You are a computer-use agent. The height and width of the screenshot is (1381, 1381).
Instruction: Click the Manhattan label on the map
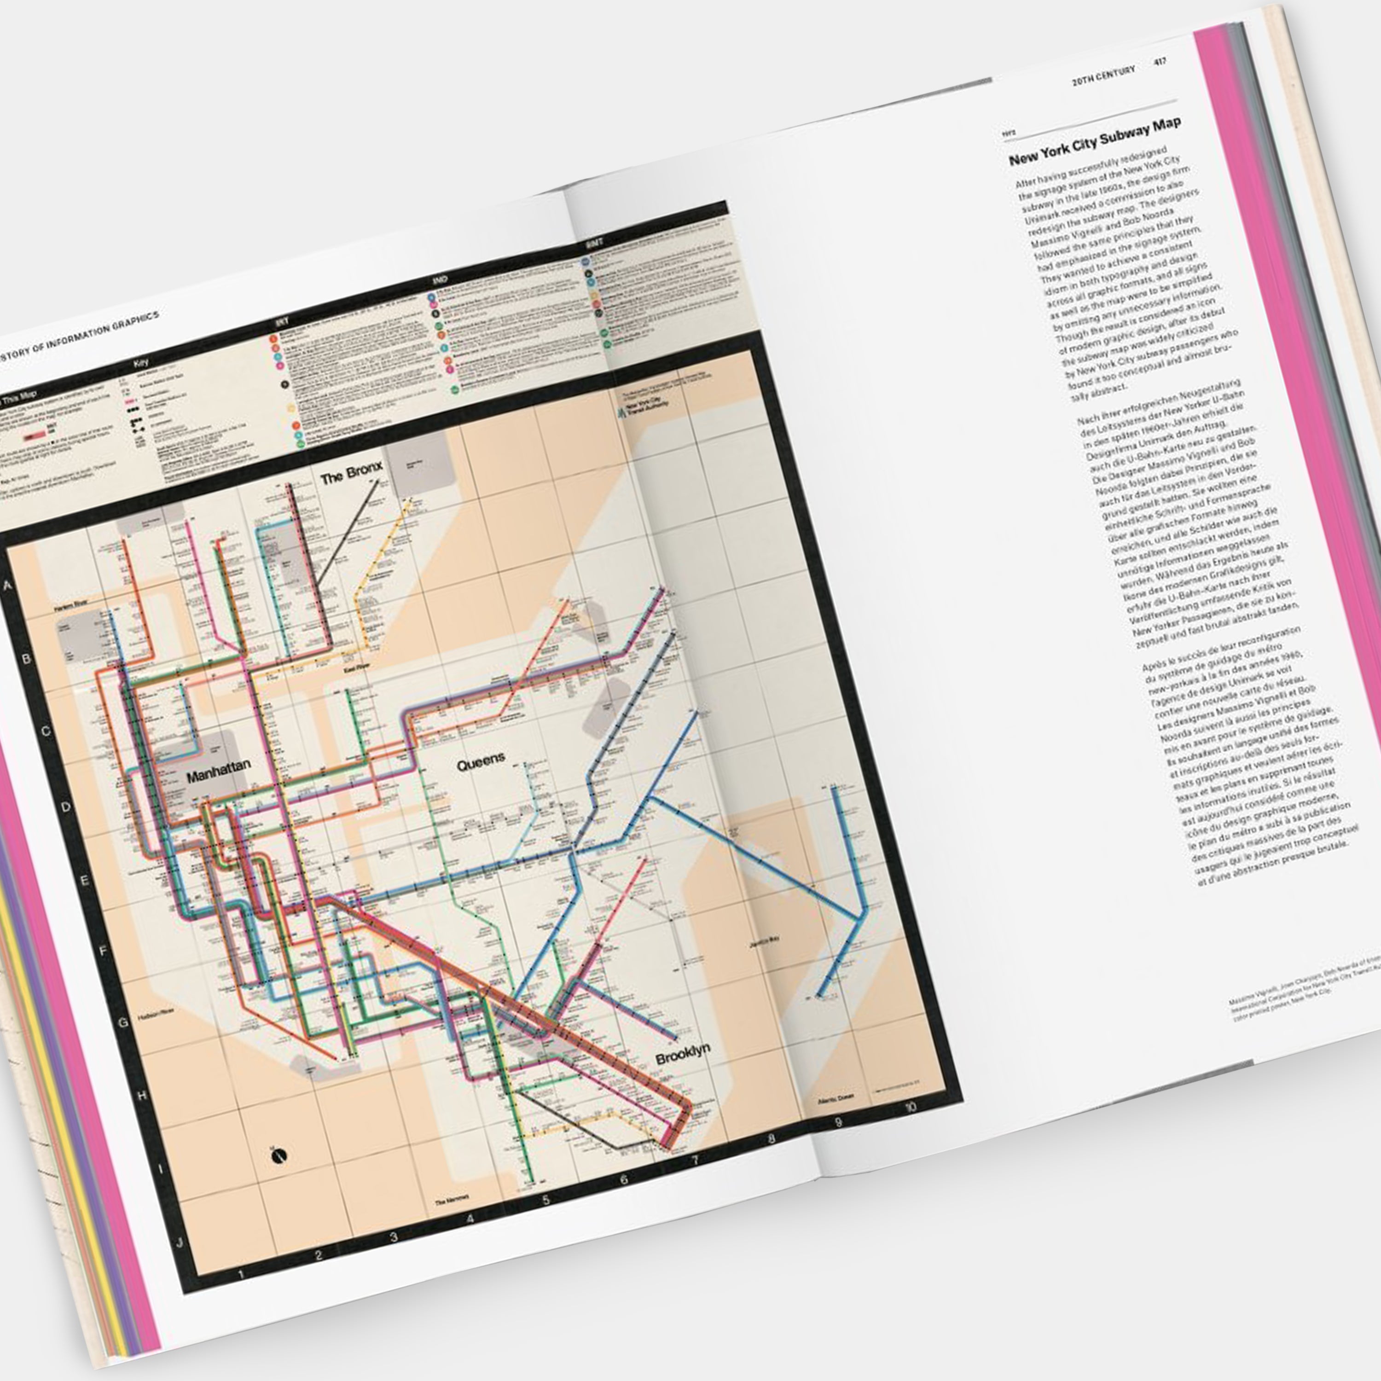[x=219, y=772]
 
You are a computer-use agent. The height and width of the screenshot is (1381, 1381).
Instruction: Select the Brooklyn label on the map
[x=683, y=1054]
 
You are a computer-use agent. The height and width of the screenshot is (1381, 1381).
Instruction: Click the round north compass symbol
[x=279, y=1156]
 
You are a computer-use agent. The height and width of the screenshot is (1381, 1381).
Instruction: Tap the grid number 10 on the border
[x=910, y=1107]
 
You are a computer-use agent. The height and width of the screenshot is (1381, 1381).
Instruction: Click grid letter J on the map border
[x=180, y=1242]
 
